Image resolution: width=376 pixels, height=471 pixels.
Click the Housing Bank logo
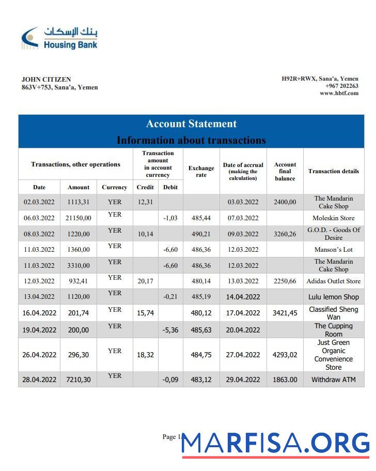click(59, 38)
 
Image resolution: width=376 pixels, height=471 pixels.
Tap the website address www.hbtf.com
click(339, 93)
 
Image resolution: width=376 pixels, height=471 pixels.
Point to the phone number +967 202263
click(341, 86)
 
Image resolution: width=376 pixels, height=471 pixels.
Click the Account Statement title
click(191, 124)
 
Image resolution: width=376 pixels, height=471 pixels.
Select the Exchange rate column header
click(201, 172)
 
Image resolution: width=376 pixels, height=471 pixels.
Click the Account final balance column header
click(285, 172)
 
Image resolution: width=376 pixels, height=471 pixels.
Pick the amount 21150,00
click(79, 218)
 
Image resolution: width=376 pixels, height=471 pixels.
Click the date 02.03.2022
click(39, 202)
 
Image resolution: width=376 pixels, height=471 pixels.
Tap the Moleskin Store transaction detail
click(333, 218)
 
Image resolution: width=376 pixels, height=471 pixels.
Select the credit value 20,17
click(145, 281)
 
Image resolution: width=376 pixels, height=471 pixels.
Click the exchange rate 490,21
click(201, 234)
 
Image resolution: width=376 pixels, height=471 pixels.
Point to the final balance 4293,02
click(285, 355)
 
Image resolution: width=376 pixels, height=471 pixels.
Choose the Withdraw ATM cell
click(333, 379)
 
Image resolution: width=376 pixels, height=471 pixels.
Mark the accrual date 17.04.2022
click(243, 313)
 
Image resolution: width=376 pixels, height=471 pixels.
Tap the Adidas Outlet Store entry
click(333, 281)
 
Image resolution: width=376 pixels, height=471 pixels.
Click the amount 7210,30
click(79, 379)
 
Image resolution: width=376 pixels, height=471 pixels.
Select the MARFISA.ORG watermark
click(276, 443)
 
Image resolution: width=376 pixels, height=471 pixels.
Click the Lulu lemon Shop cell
click(333, 297)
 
